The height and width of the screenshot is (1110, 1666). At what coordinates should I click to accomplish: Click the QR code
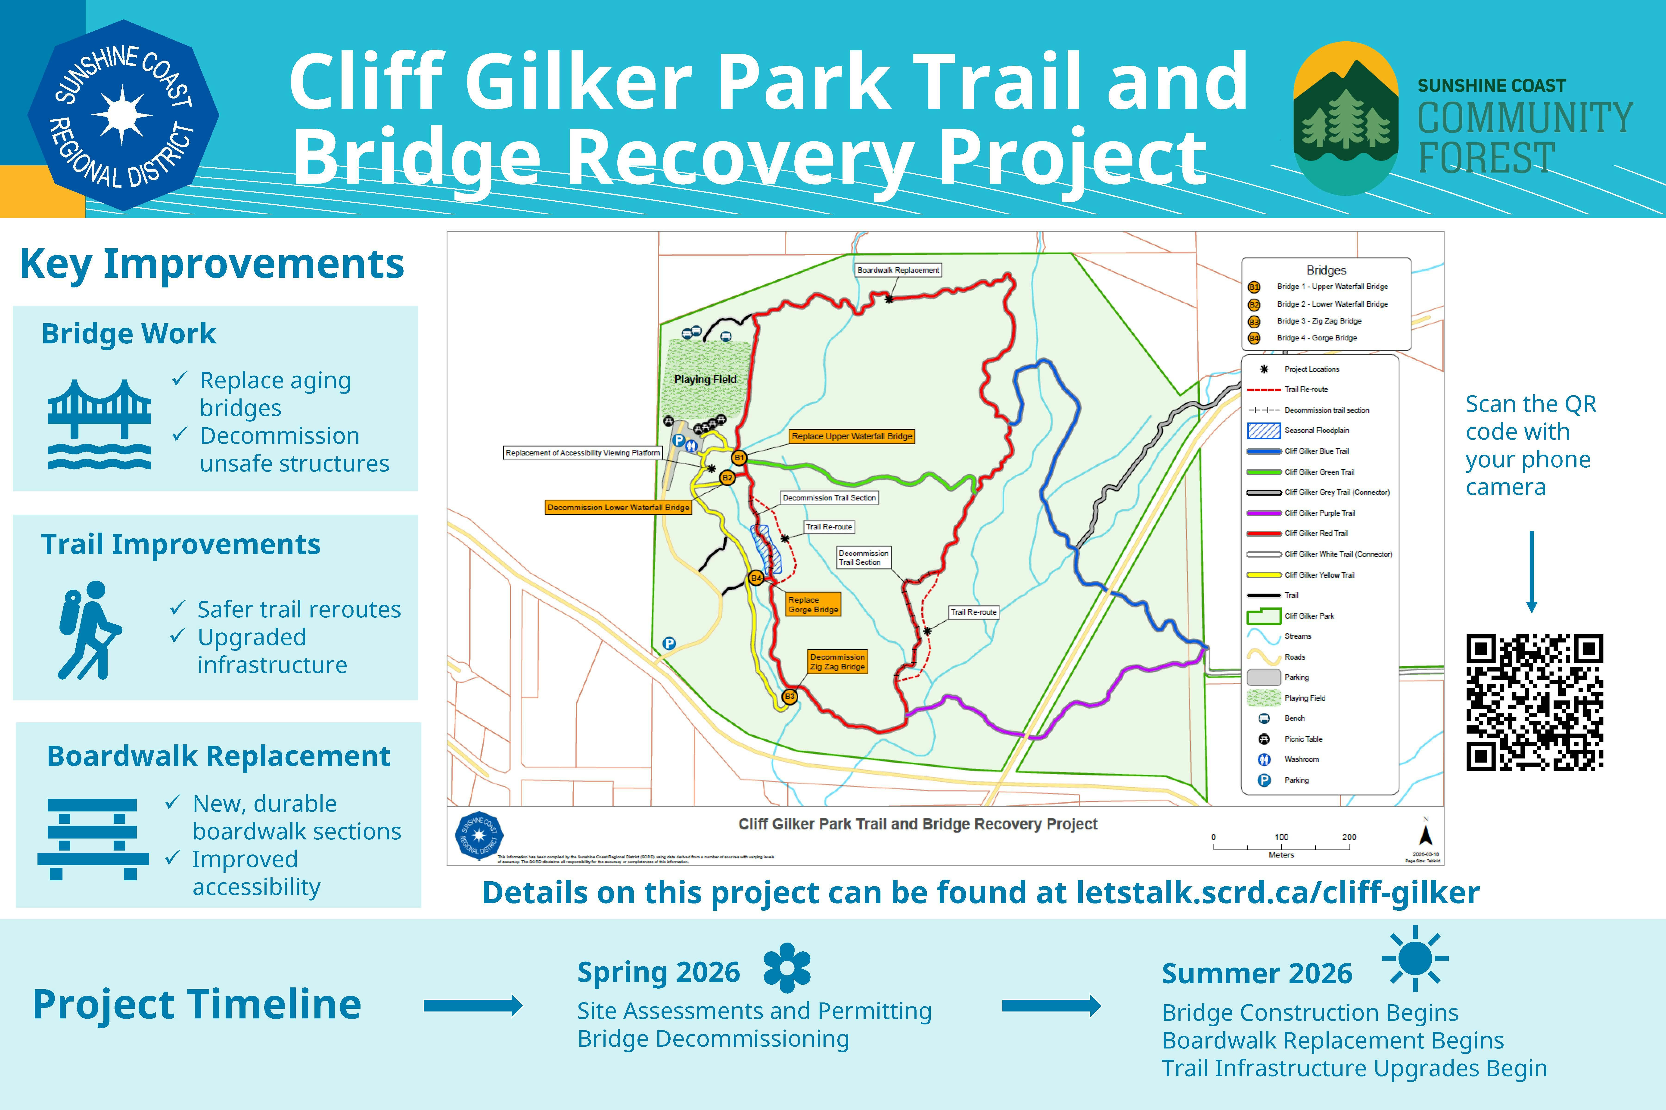pos(1534,702)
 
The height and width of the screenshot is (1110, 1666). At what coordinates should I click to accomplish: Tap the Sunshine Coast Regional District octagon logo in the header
pos(123,115)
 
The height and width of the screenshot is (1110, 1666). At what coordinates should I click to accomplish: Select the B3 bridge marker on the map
pos(789,697)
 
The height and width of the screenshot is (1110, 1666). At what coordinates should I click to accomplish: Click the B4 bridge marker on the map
pos(756,578)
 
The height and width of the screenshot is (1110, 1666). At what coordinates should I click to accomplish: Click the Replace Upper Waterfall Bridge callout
pos(852,436)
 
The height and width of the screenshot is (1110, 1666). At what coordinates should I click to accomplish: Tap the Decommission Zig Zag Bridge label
pos(837,662)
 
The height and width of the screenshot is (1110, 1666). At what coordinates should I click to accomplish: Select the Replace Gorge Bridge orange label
pos(813,604)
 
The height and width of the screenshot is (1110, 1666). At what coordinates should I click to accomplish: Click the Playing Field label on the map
pos(705,379)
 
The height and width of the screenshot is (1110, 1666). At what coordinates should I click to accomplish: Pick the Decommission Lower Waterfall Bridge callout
pos(618,508)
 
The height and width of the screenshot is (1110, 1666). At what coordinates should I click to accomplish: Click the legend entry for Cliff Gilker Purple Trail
pos(1319,513)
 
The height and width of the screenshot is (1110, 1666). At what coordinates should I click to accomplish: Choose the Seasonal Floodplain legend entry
pos(1316,430)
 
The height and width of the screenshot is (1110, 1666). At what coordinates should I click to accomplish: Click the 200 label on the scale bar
pos(1349,837)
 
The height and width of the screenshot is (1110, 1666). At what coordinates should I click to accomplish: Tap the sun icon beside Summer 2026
pos(1414,959)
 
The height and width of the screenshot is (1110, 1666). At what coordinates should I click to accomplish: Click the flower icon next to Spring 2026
pos(787,968)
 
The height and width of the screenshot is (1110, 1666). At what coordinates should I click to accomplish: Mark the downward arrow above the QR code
pos(1531,572)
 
